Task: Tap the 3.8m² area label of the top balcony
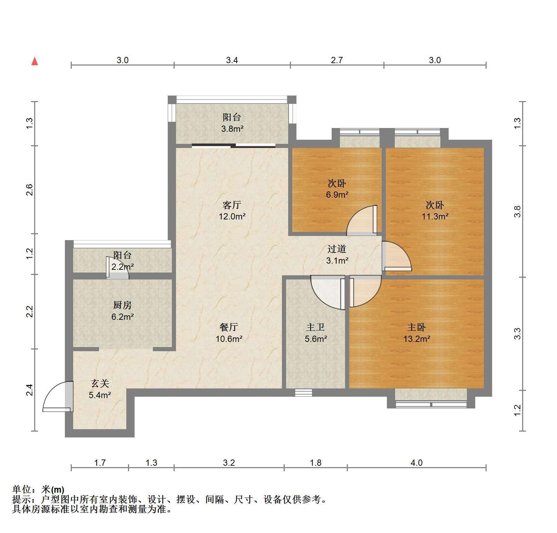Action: (232, 129)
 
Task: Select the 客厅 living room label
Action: (232, 205)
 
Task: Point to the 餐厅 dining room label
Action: (229, 327)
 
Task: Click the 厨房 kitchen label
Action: (123, 305)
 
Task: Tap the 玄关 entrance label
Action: (100, 383)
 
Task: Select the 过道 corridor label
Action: (337, 249)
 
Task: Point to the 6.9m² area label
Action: (337, 195)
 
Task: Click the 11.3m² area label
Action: (435, 216)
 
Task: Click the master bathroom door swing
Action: (328, 292)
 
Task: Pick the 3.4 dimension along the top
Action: (232, 60)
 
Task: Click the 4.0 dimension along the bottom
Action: (417, 463)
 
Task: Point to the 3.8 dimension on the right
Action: (517, 211)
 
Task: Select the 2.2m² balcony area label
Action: (123, 267)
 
